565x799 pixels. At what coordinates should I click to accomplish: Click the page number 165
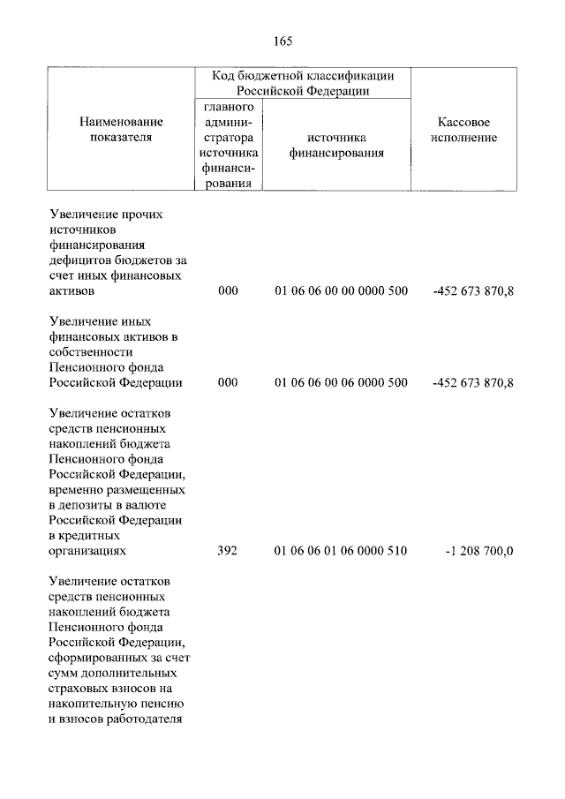point(282,41)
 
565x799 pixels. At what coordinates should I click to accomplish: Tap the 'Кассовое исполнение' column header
point(464,129)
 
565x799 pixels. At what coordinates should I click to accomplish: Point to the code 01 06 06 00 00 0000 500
point(341,290)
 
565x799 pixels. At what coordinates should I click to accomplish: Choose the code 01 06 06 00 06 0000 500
point(341,382)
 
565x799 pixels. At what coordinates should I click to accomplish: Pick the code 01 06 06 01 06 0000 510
point(341,551)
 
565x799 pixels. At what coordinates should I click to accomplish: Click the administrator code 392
point(228,551)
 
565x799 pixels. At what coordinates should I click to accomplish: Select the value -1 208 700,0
point(480,551)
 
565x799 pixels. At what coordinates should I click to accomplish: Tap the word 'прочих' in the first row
point(139,215)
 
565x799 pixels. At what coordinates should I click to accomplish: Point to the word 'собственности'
point(90,352)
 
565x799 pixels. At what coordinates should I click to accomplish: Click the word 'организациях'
point(87,551)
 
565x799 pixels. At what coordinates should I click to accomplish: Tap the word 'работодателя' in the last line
point(142,718)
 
